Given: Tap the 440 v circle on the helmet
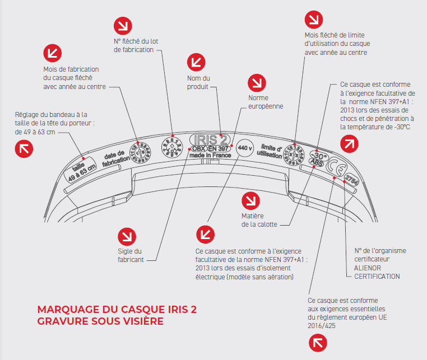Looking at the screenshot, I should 244,149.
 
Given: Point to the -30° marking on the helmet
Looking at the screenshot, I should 318,156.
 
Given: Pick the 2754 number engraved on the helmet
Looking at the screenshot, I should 352,180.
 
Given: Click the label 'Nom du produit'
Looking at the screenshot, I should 199,82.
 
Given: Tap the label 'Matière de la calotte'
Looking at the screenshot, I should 253,220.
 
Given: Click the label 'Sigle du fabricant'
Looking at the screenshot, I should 130,255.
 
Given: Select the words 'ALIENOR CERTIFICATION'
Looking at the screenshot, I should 377,272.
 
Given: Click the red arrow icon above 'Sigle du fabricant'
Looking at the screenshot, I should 127,235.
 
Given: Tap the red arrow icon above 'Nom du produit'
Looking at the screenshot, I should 197,60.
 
